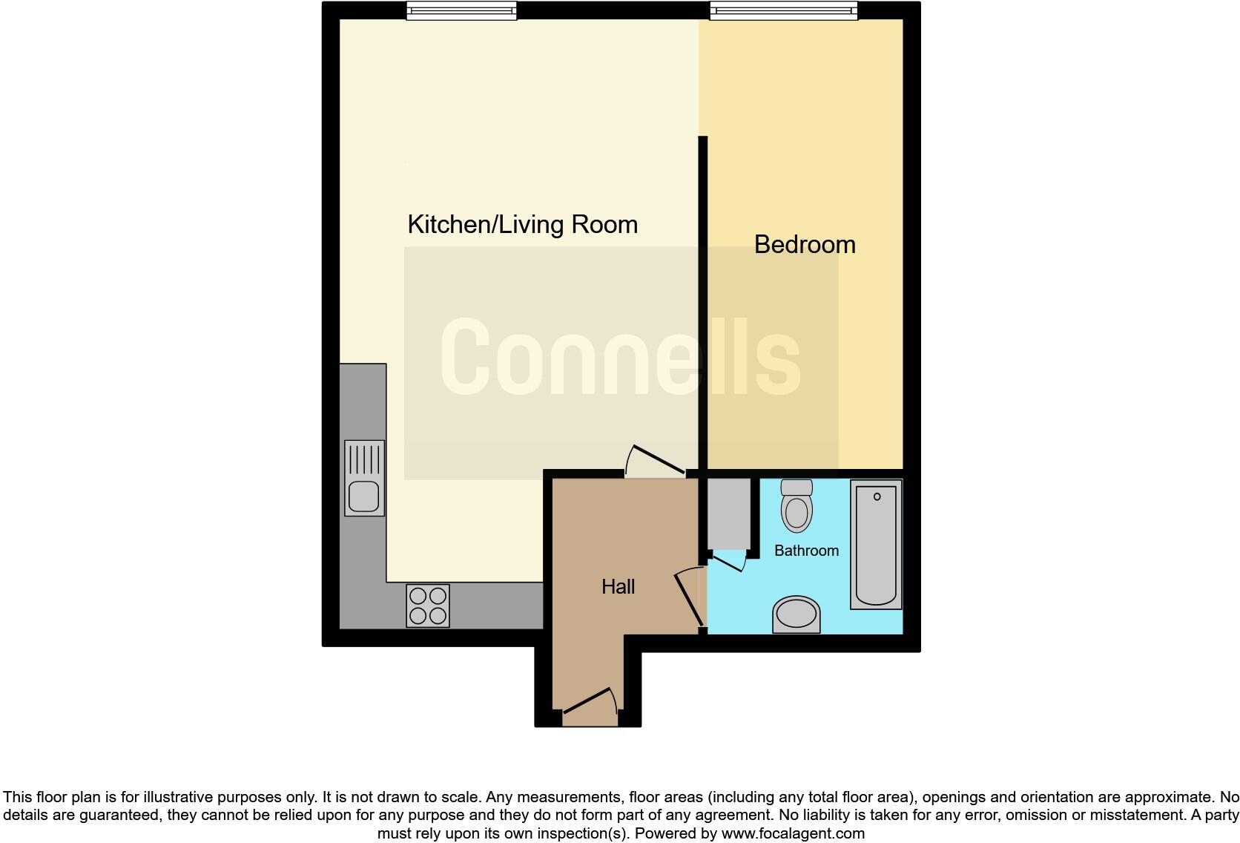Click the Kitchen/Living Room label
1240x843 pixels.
click(522, 224)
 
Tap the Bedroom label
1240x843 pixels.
click(805, 244)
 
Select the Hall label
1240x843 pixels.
click(618, 587)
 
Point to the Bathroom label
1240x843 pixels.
click(806, 551)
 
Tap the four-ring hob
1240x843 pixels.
click(428, 606)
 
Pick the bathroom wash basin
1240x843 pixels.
click(797, 614)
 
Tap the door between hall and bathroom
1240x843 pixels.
click(690, 598)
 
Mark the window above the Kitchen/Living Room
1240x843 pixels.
click(461, 10)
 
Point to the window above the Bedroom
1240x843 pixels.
click(783, 10)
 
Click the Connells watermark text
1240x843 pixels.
click(620, 357)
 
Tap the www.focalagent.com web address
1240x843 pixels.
click(793, 833)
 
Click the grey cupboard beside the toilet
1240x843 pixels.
click(729, 513)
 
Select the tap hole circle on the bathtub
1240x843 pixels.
click(877, 496)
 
